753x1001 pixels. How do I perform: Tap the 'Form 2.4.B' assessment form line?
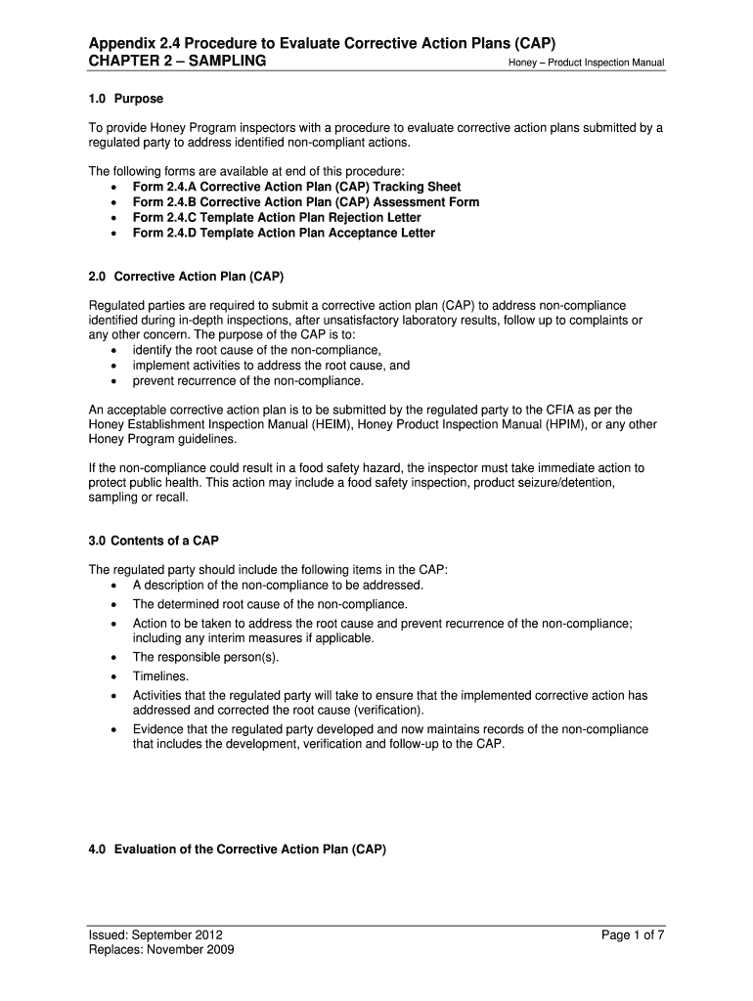click(x=305, y=202)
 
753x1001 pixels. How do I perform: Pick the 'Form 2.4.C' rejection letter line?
click(x=277, y=218)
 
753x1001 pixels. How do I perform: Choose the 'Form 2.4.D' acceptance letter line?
click(x=284, y=234)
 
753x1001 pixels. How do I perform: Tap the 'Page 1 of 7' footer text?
click(x=633, y=936)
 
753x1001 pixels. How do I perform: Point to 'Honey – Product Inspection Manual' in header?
click(x=586, y=64)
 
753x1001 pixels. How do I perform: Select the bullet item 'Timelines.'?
click(x=161, y=675)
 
